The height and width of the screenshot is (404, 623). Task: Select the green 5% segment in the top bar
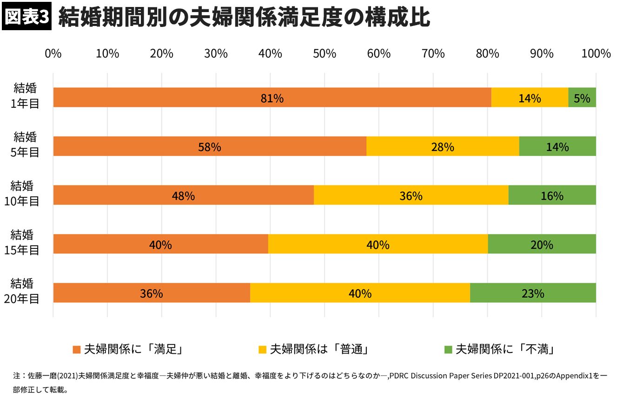click(x=582, y=98)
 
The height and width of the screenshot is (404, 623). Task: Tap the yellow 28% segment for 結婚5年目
click(x=443, y=146)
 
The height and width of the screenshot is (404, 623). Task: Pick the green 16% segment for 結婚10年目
click(x=552, y=195)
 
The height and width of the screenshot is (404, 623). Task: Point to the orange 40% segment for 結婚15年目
click(x=160, y=244)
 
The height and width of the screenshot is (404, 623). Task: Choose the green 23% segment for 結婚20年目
click(x=533, y=293)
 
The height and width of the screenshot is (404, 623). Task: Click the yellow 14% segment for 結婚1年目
click(x=530, y=98)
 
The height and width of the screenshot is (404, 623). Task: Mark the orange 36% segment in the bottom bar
click(x=152, y=293)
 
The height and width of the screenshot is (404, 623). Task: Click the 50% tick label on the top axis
click(x=325, y=54)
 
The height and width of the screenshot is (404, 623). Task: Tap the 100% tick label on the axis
click(x=596, y=54)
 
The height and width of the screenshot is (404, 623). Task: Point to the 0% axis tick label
click(x=53, y=54)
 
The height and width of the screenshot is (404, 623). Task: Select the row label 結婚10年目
click(x=22, y=194)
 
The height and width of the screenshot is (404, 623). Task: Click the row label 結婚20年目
click(x=22, y=291)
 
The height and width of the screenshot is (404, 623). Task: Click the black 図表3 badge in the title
click(x=26, y=18)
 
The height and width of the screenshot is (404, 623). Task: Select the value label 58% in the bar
click(x=209, y=147)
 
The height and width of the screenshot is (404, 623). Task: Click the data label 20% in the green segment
click(x=542, y=245)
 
